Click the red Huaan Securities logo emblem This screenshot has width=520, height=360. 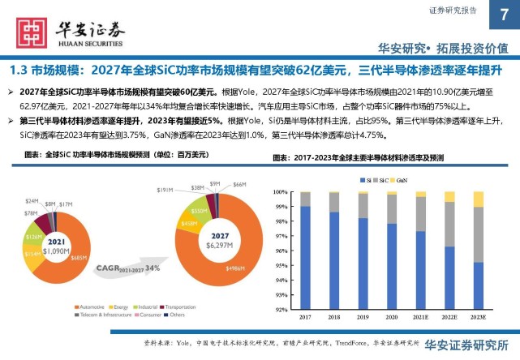30,31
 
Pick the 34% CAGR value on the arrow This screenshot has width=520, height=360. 152,268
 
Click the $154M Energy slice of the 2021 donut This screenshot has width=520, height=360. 32,254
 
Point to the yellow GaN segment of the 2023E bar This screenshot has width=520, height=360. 479,199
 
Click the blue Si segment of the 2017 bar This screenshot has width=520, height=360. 304,259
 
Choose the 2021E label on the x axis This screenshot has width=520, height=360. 420,318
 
